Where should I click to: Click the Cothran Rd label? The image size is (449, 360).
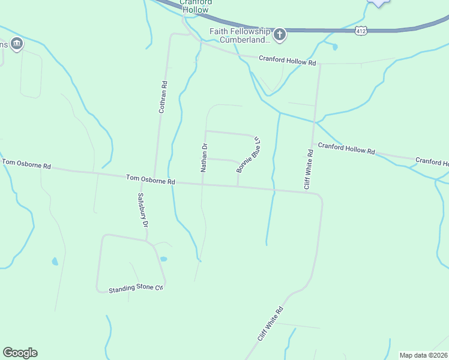tap(162, 97)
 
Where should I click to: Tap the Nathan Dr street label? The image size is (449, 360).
tap(204, 158)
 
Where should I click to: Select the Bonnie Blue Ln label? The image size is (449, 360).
tap(248, 154)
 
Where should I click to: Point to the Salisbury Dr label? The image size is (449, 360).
tap(143, 211)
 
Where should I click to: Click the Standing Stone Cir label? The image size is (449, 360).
tap(136, 289)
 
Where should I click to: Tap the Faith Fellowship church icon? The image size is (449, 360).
tap(280, 34)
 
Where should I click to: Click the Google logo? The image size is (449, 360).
tap(20, 353)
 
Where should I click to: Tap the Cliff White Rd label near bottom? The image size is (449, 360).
tap(270, 325)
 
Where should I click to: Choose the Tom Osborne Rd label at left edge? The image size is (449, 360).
tap(26, 163)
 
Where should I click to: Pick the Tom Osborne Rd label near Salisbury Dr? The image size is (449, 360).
tap(150, 179)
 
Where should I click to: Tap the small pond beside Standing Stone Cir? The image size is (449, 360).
tap(163, 259)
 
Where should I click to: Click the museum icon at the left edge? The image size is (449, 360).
tap(17, 44)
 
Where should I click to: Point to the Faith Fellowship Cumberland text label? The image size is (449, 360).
tap(239, 35)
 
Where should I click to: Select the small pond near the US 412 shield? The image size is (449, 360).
tap(334, 46)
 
